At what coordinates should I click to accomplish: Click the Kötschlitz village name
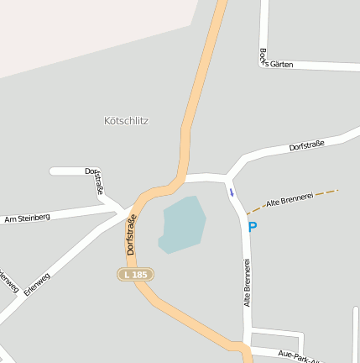pyautogui.click(x=128, y=121)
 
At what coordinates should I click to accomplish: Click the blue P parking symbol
pyautogui.click(x=252, y=226)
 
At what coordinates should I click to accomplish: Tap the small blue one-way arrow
pyautogui.click(x=232, y=192)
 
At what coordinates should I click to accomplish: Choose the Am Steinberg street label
pyautogui.click(x=27, y=218)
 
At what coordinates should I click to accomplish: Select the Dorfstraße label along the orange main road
pyautogui.click(x=132, y=235)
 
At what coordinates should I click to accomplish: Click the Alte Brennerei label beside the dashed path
pyautogui.click(x=289, y=199)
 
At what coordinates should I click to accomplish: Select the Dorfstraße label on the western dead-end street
pyautogui.click(x=95, y=181)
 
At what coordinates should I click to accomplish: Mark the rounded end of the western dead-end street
pyautogui.click(x=54, y=171)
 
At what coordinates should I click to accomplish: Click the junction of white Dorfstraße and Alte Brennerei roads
pyautogui.click(x=227, y=178)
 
